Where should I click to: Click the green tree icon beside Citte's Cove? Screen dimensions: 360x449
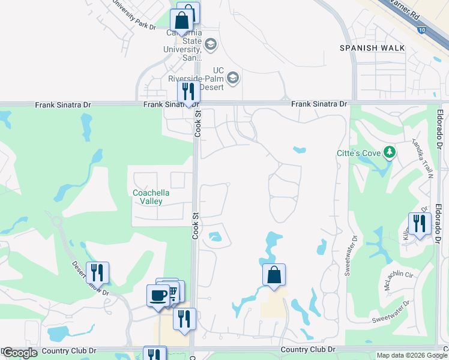point(390,152)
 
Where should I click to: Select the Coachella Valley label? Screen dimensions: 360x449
point(147,197)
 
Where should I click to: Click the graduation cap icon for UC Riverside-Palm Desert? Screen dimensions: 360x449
point(233,78)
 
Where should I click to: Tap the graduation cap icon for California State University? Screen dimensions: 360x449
point(210,44)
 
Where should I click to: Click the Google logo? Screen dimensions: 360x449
point(20,353)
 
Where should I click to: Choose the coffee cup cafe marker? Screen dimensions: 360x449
point(158,296)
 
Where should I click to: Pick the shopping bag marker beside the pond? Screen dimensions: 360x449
point(274,275)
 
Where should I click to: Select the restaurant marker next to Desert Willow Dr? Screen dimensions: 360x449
point(97,273)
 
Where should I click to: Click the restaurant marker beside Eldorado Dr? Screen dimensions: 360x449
point(420,224)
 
